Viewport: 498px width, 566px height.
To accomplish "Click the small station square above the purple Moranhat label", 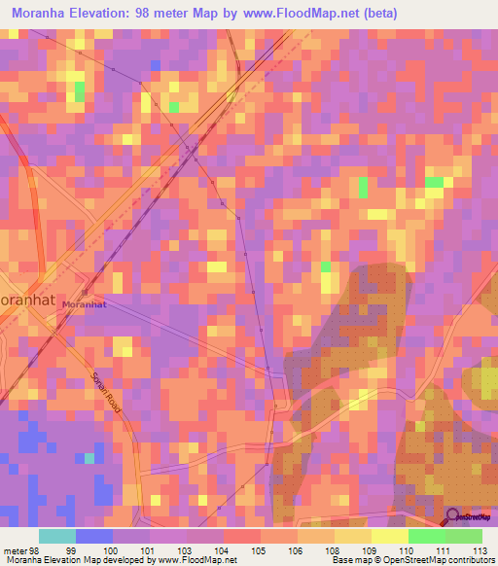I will click(x=85, y=293).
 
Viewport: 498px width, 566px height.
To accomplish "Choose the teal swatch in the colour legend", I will click(x=57, y=536).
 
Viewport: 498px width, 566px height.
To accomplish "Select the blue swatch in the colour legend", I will click(x=94, y=536).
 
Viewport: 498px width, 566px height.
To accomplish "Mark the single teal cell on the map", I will click(x=89, y=457).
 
